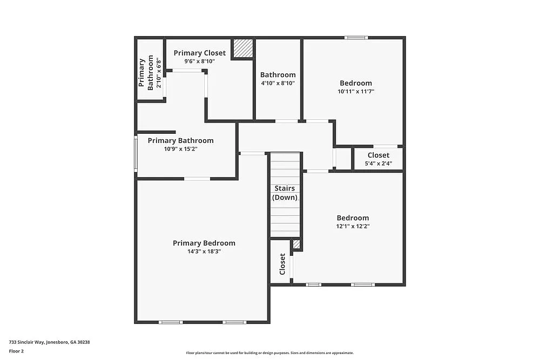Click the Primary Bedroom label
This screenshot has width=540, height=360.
(x=204, y=243)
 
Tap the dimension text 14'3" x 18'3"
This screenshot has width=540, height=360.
(x=204, y=252)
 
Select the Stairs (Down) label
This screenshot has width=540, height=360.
(x=285, y=193)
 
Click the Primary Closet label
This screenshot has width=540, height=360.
(x=199, y=53)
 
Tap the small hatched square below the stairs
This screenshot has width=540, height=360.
(x=296, y=244)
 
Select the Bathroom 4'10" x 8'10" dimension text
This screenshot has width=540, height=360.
(x=278, y=84)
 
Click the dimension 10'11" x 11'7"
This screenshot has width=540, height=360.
(x=355, y=92)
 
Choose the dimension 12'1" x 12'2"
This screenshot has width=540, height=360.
(x=353, y=227)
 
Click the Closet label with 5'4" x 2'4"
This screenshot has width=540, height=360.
(x=378, y=155)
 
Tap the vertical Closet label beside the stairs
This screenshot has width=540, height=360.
(x=282, y=264)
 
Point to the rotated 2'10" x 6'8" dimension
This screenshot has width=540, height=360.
(x=159, y=72)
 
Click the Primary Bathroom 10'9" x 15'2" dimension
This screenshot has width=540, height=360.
(x=180, y=149)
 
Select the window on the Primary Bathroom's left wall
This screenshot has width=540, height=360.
(x=136, y=154)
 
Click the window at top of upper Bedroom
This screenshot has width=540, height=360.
(x=356, y=38)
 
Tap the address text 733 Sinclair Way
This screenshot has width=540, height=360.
(x=49, y=342)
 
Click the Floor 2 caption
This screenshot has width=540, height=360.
(x=16, y=351)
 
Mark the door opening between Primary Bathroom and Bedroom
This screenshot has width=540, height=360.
(x=197, y=179)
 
